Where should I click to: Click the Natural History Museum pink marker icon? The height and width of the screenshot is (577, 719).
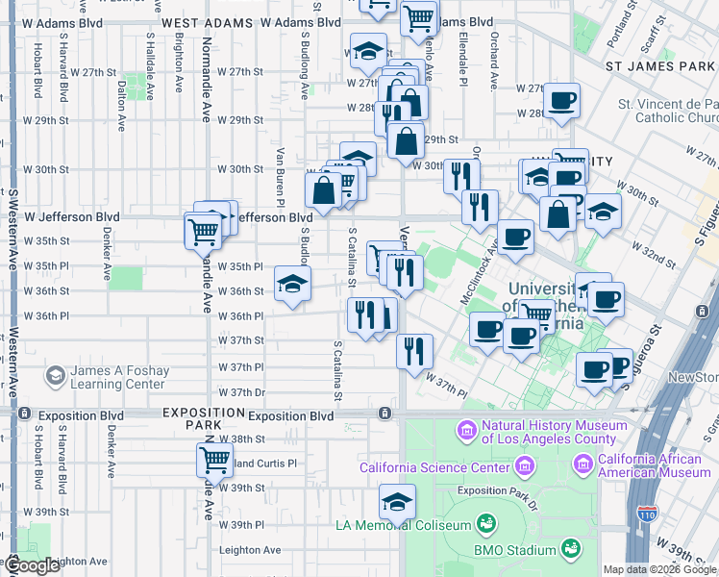468,429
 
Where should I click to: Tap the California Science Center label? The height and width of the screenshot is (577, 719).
434,468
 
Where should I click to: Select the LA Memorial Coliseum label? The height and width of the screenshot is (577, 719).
404,525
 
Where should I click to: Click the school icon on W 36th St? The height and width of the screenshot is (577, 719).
293,285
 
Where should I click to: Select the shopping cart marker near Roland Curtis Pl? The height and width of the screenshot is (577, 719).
214,460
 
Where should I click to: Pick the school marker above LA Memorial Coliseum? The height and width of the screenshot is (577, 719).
397,501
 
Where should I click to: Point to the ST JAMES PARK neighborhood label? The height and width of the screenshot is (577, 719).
660,66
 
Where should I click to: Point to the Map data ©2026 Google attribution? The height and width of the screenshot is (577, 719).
658,569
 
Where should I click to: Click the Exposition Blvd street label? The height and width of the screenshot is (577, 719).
290,416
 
